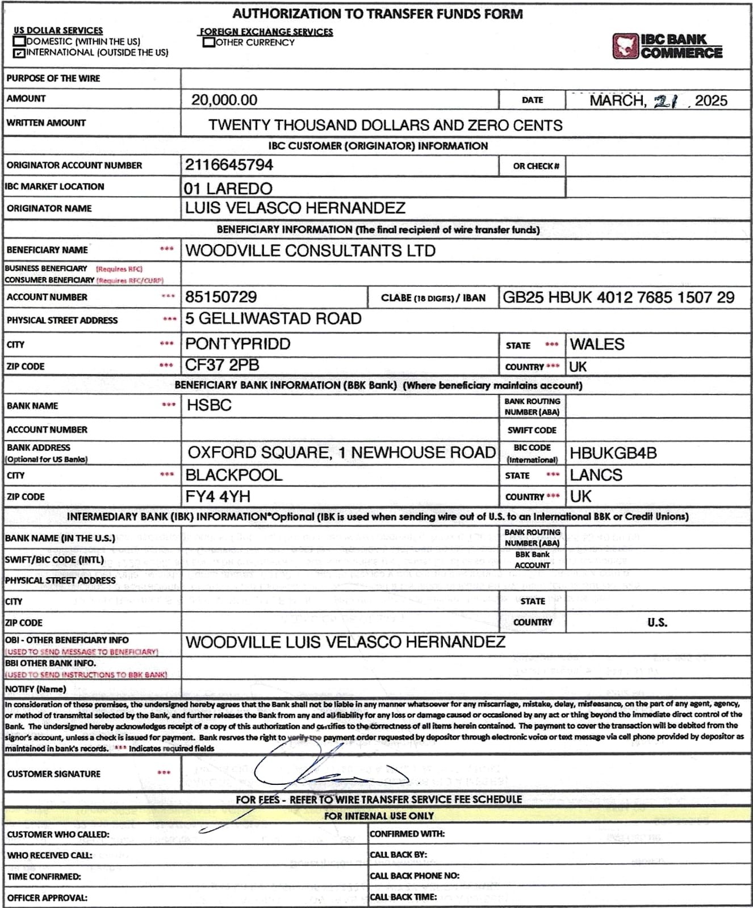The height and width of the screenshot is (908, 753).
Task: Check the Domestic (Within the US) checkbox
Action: tap(19, 41)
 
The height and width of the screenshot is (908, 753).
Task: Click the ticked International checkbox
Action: tap(19, 53)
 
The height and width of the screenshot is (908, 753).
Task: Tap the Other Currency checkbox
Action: tap(208, 43)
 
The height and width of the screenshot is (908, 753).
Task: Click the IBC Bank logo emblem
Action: tap(625, 47)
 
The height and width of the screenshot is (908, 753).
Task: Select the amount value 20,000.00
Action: tap(224, 100)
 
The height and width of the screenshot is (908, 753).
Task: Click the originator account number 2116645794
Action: tap(229, 165)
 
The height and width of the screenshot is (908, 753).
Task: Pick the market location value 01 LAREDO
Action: tap(228, 188)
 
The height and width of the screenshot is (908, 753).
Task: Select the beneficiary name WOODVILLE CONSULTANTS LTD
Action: tap(310, 251)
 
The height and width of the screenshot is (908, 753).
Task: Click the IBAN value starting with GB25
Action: tap(618, 297)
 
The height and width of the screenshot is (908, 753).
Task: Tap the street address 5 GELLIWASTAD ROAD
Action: tap(273, 319)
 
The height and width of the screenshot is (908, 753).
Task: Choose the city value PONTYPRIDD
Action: tap(238, 344)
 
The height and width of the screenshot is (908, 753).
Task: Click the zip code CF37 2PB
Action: tap(222, 365)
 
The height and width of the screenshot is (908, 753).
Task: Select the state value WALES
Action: tap(597, 344)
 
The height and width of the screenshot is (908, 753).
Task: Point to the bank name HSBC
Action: tap(209, 405)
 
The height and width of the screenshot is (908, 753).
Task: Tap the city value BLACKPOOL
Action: tap(234, 475)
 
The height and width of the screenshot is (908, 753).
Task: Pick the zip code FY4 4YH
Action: tap(217, 497)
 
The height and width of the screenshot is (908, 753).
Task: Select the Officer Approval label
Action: tap(47, 898)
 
